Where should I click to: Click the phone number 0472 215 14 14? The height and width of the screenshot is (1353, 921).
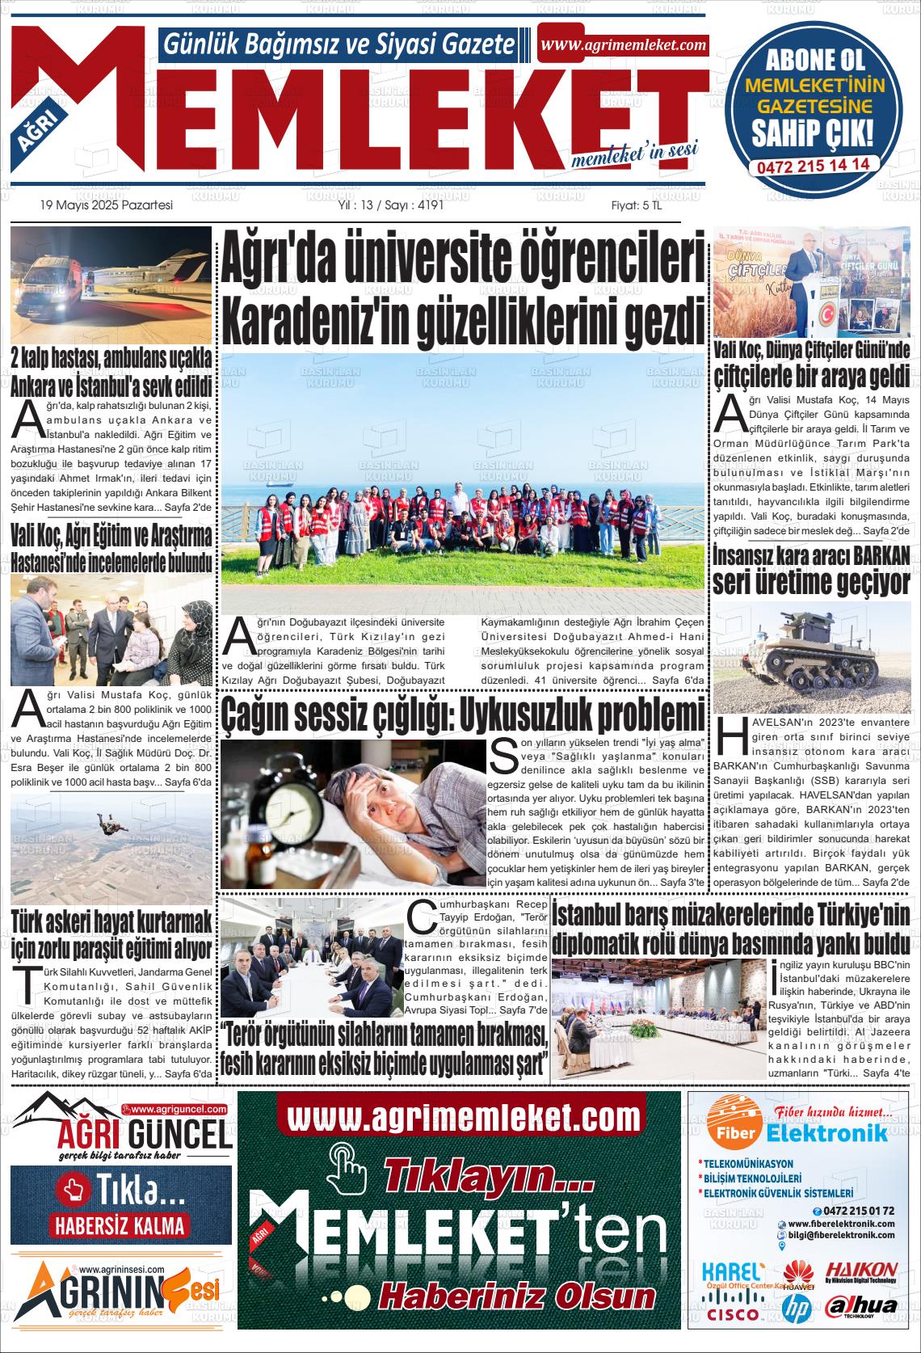click(x=813, y=164)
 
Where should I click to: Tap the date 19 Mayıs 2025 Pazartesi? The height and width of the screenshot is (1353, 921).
click(x=107, y=205)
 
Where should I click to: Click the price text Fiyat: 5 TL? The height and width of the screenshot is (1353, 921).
click(x=636, y=205)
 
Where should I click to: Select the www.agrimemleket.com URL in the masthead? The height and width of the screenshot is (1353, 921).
click(x=622, y=45)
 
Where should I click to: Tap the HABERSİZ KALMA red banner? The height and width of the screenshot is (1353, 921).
click(x=120, y=1225)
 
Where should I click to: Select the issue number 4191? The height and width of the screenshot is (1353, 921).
click(x=427, y=205)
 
